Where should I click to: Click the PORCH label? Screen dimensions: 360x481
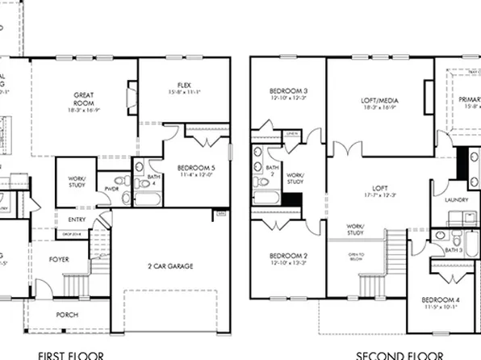click(67, 314)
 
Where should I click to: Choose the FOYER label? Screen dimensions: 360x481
click(59, 260)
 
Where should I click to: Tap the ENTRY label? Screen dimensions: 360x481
click(77, 218)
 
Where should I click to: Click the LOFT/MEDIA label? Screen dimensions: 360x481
click(379, 100)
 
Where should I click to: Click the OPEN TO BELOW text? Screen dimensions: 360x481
click(356, 257)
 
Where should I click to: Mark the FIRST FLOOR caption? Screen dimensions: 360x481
click(70, 354)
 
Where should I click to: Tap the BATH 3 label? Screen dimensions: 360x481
click(454, 250)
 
